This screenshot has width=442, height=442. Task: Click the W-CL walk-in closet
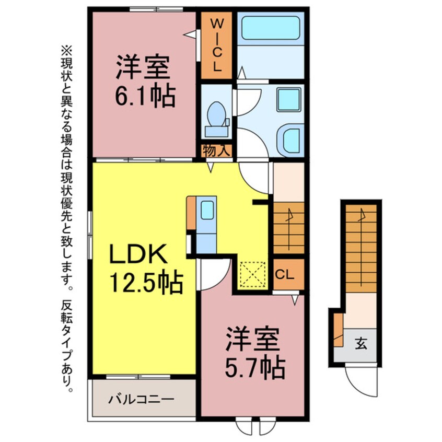coord(216,46)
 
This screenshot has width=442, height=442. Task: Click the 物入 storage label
coord(216,151)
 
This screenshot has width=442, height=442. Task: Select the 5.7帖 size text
coord(255,368)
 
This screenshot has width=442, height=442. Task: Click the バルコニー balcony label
coord(141,401)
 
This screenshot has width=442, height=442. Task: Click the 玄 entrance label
coord(360,344)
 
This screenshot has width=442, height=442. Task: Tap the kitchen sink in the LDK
coord(207,210)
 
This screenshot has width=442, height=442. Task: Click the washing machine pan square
coord(288,99)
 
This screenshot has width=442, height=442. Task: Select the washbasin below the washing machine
coord(289,138)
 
